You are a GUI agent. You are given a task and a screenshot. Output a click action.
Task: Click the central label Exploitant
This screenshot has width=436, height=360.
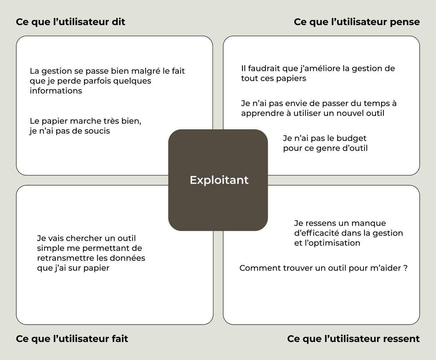(219, 180)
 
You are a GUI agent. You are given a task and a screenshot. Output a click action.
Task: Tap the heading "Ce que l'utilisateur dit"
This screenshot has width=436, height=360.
(71, 22)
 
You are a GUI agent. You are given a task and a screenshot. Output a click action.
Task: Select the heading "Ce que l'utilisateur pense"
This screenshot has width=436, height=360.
(357, 22)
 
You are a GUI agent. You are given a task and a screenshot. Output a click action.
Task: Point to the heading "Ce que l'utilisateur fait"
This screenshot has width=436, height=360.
(72, 339)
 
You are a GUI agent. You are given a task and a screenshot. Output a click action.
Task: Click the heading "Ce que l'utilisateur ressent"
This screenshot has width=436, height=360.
(353, 339)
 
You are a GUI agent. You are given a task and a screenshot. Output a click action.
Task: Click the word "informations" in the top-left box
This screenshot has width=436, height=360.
(56, 91)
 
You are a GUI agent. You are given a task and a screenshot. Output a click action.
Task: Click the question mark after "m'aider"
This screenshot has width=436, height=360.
(405, 268)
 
